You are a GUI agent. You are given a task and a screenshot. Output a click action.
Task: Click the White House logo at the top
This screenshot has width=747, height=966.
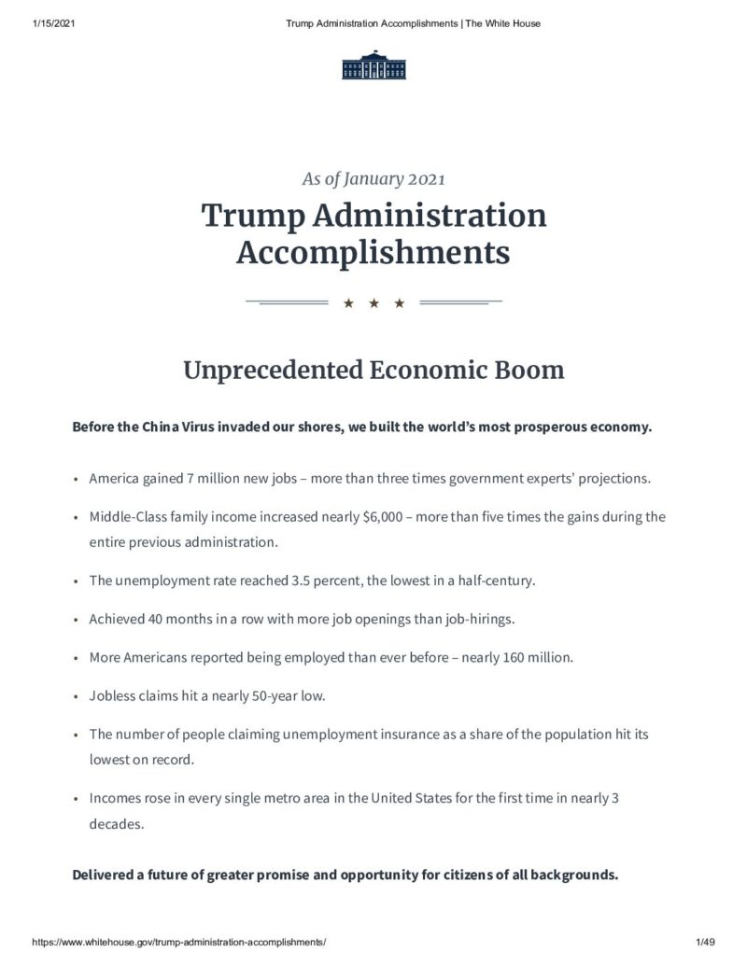[373, 65]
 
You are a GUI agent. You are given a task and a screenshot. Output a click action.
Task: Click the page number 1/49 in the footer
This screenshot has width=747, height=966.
[705, 944]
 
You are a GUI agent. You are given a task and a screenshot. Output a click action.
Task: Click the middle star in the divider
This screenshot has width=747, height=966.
[373, 303]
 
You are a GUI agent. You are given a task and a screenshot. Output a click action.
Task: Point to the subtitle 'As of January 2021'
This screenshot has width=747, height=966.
[373, 179]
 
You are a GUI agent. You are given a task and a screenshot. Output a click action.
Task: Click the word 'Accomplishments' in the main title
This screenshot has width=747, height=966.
[373, 251]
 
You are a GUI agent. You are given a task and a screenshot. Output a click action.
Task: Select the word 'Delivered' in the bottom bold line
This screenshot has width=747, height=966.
[106, 875]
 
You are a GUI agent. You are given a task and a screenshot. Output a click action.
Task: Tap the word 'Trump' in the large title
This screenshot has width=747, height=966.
[252, 217]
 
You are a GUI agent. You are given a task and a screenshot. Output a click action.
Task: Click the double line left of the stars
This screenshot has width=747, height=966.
[286, 302]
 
